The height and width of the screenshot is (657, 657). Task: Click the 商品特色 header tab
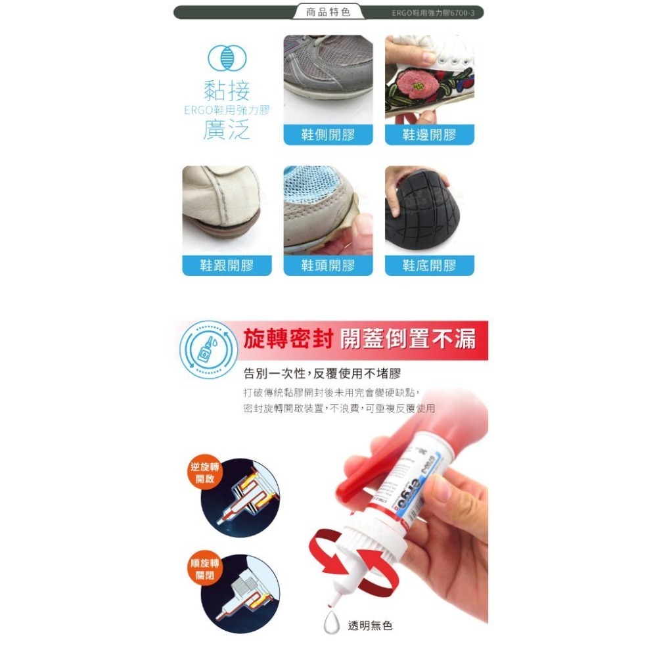(328, 12)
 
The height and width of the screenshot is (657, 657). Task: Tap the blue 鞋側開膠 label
(328, 135)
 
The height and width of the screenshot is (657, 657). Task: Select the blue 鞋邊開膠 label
(429, 135)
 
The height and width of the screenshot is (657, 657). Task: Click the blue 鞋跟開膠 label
(227, 265)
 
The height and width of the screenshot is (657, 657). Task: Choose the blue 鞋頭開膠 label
(328, 265)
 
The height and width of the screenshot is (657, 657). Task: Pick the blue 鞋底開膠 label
(429, 265)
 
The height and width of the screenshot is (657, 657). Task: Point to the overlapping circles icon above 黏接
(227, 59)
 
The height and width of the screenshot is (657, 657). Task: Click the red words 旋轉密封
(287, 339)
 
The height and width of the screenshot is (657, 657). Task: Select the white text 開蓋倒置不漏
(407, 339)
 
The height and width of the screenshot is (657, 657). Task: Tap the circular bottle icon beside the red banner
(207, 350)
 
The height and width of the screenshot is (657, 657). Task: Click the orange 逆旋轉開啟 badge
(205, 472)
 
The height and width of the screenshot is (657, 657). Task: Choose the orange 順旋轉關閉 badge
(205, 569)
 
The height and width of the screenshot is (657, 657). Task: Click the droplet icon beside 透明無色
(332, 623)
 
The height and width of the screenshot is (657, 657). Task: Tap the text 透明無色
(370, 626)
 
